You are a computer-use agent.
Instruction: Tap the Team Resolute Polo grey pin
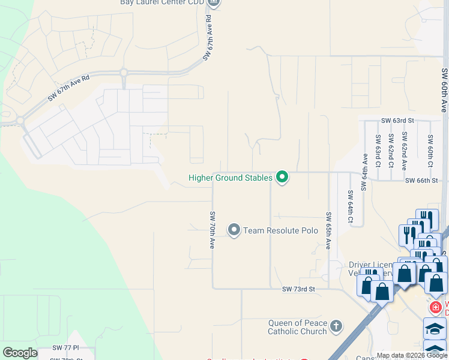coord(234,230)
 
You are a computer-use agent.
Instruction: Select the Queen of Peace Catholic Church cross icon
coord(337,327)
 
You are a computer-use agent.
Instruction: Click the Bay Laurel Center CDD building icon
coord(214,3)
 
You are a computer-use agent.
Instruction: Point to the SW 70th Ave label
coord(212,230)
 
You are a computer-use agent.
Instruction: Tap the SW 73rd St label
coord(298,289)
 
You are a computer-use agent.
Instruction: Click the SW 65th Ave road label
coord(328,230)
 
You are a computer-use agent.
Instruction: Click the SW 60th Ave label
coord(444,90)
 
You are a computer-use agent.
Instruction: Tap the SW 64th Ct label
coord(350,207)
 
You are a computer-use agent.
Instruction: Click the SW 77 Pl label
coord(65,347)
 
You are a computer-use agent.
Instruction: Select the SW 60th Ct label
coord(430,147)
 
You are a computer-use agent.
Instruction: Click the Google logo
coord(20,353)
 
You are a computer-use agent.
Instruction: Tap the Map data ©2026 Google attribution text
coord(411,355)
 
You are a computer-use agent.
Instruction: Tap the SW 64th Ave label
coord(364,172)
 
